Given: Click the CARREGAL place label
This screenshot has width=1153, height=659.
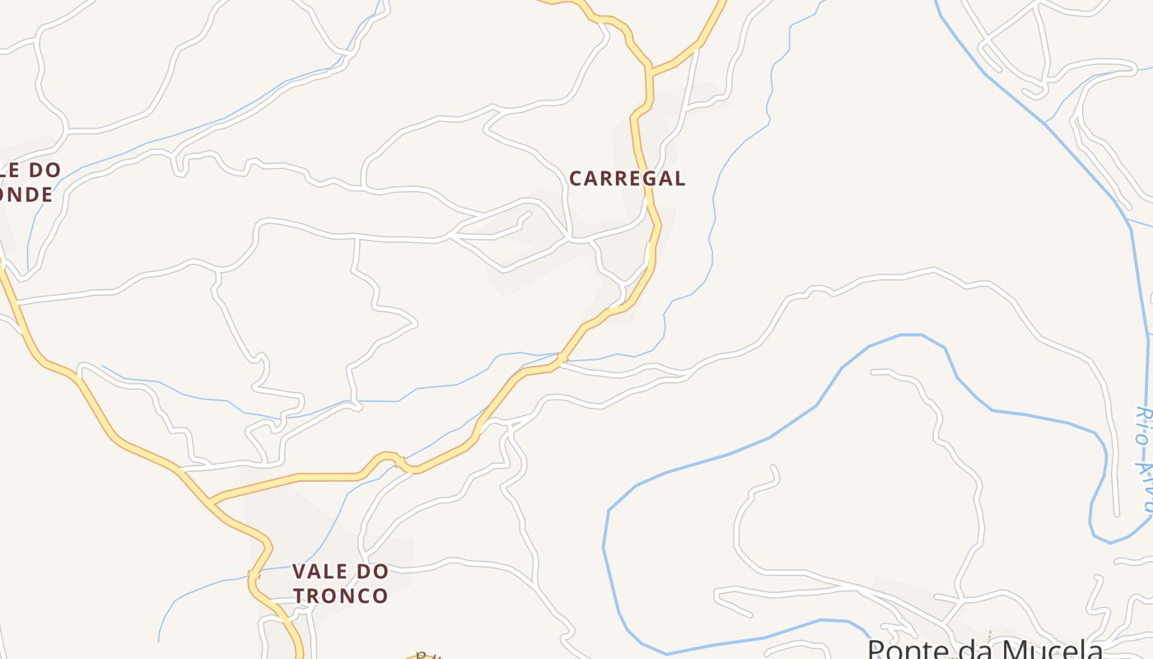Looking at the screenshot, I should click(627, 178).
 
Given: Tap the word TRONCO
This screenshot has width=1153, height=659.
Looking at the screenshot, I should click(340, 596).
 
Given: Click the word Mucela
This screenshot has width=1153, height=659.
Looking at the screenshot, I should click(1045, 648).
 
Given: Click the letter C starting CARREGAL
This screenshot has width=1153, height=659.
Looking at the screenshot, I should click(576, 178).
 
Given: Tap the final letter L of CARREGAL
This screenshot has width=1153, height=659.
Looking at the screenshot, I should click(679, 178).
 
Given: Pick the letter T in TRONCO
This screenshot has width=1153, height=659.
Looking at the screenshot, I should click(299, 596).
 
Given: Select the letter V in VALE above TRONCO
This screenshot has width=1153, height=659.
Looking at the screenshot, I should click(299, 571).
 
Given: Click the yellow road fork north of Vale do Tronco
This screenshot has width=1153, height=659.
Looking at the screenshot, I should click(212, 500).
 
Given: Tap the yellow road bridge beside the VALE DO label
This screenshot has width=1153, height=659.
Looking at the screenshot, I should click(254, 573).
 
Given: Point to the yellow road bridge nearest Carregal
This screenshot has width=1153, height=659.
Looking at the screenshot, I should click(561, 359).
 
